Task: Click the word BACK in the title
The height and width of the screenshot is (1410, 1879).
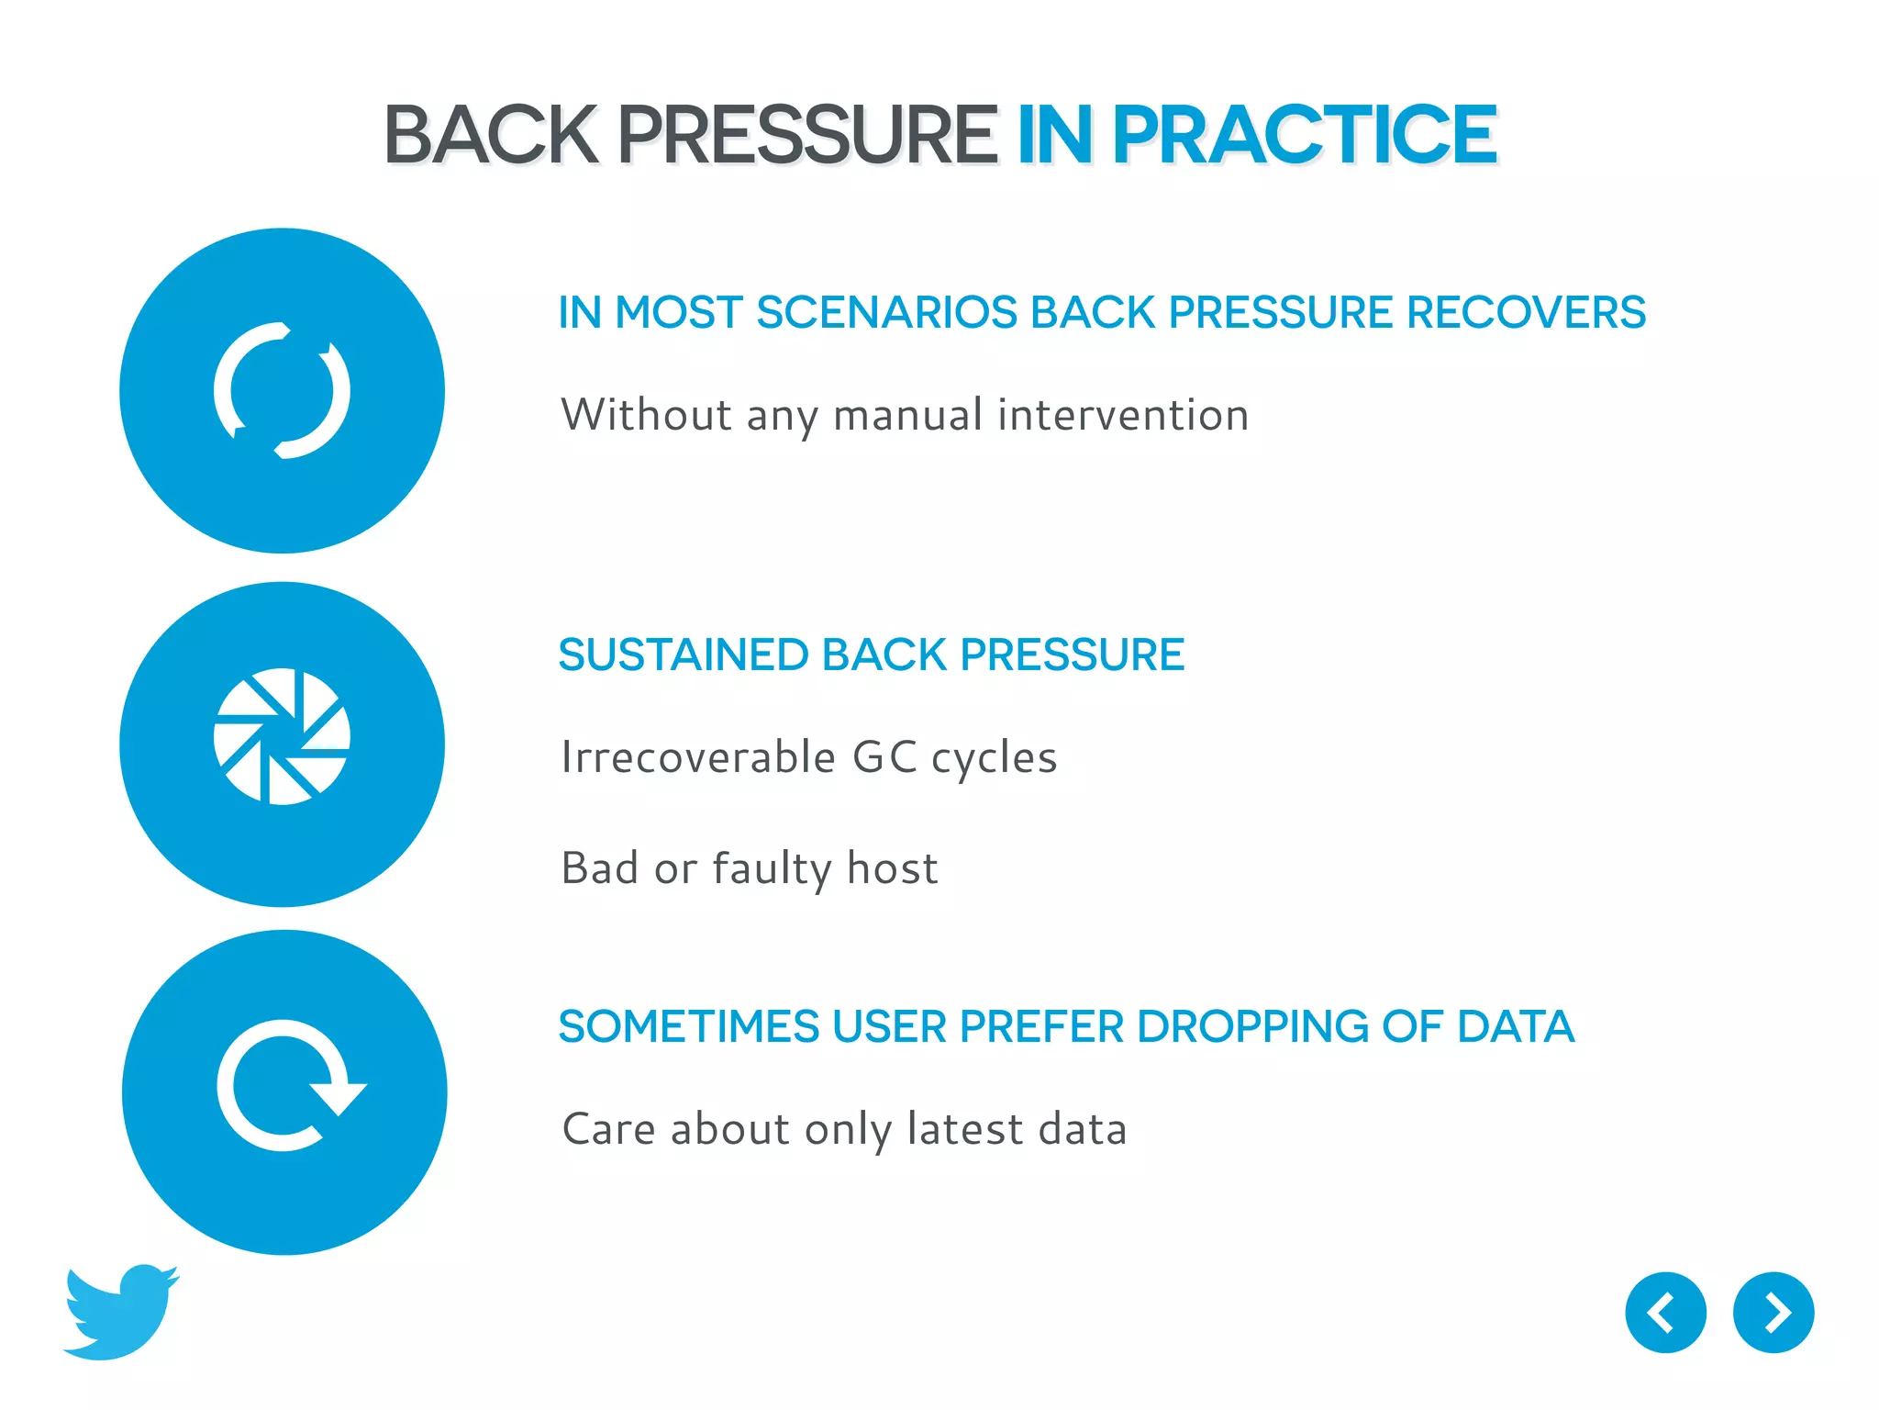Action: point(491,135)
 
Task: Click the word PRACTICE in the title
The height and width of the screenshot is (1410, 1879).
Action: point(1304,135)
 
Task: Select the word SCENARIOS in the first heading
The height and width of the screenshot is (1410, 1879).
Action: point(886,312)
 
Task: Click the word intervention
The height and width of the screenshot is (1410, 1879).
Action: point(1123,415)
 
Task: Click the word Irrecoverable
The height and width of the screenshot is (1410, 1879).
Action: point(698,758)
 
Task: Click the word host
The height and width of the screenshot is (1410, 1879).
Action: point(892,868)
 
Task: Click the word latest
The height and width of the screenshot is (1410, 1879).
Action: point(964,1129)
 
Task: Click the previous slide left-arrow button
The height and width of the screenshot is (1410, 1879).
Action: point(1665,1313)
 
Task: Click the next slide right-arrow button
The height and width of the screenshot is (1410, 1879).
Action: point(1773,1313)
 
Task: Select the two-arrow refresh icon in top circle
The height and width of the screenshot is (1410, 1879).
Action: point(282,391)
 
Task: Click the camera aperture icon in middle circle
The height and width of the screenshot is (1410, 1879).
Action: point(282,736)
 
